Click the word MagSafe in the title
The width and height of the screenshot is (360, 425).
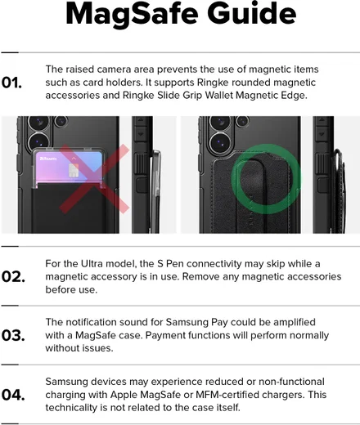click(x=132, y=15)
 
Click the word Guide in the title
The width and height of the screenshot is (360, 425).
click(x=252, y=13)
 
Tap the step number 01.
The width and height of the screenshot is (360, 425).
click(x=11, y=83)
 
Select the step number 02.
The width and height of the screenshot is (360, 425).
click(x=13, y=277)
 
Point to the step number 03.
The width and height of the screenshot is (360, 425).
click(x=13, y=335)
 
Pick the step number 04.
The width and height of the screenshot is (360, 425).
click(x=13, y=395)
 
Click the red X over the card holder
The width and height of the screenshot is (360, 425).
click(x=94, y=179)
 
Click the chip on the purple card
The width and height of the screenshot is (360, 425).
click(x=74, y=170)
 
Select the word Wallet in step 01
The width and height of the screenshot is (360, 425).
click(x=219, y=96)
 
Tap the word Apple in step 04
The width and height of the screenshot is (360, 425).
click(x=124, y=395)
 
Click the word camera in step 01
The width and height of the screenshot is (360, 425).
click(x=114, y=69)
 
